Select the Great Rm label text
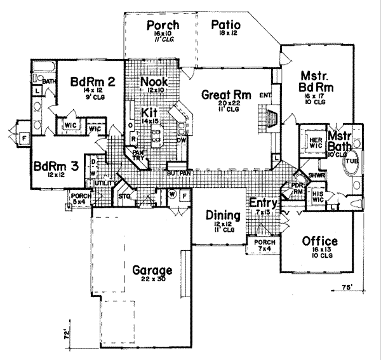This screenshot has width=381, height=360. point(220,95)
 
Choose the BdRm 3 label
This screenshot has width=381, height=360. point(57,166)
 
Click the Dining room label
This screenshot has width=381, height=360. point(222,215)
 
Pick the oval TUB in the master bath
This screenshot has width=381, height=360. point(351,161)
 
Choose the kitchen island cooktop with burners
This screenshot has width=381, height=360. point(156,134)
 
